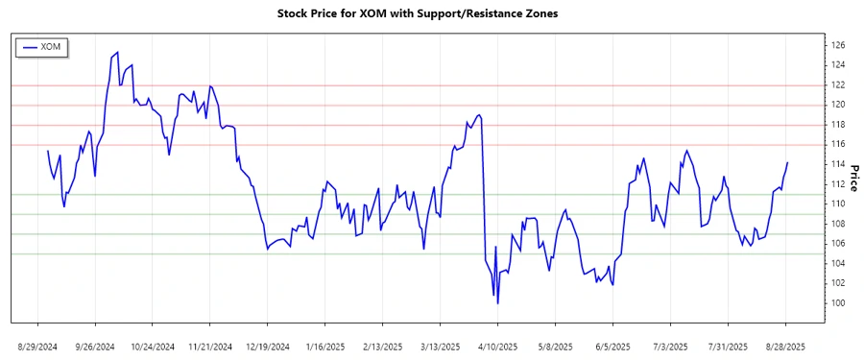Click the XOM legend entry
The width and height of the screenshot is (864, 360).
point(42,47)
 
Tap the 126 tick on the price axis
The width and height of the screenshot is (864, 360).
point(838,45)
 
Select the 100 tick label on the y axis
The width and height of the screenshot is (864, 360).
point(838,303)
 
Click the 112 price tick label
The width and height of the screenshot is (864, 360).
point(838,184)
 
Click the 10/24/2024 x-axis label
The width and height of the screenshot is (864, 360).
point(153,346)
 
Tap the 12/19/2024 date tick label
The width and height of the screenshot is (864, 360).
point(268,346)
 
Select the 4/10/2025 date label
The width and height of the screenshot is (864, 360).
point(497,346)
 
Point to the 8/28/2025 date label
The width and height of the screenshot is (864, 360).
point(786,346)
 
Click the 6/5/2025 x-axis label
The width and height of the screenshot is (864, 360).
point(612,346)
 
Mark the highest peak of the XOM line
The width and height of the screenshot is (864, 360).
point(117,52)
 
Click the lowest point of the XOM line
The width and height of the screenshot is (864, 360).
point(497,303)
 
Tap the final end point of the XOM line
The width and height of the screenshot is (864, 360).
point(787,162)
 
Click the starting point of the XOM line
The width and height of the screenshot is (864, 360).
point(47,151)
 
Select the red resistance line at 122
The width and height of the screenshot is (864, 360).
point(432,85)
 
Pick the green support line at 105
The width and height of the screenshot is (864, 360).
point(432,253)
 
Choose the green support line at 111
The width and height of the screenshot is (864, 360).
point(432,194)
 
